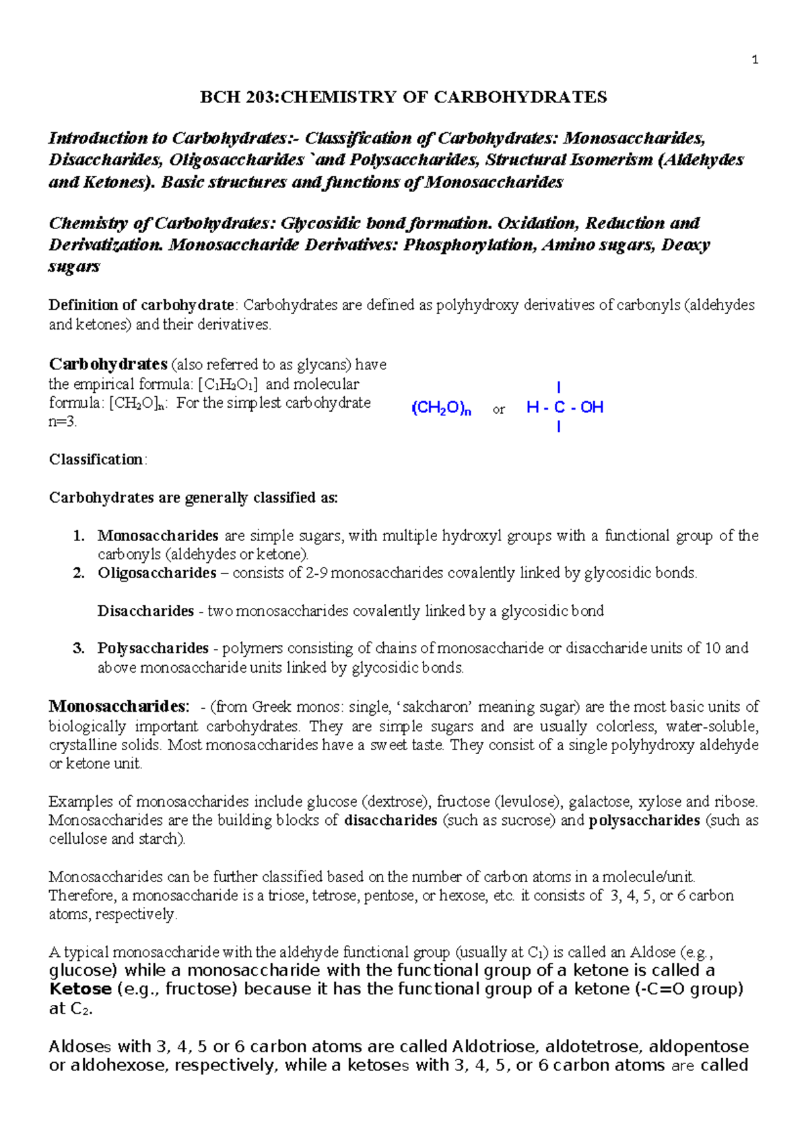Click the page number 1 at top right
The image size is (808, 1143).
pyautogui.click(x=755, y=60)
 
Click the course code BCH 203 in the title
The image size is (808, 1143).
pyautogui.click(x=238, y=97)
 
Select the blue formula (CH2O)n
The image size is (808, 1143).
pyautogui.click(x=441, y=408)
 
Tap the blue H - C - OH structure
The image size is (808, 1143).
pyautogui.click(x=564, y=407)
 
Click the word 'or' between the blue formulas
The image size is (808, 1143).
pyautogui.click(x=498, y=410)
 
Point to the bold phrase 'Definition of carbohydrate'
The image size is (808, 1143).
pyautogui.click(x=141, y=305)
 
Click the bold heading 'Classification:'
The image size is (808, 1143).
pyautogui.click(x=98, y=460)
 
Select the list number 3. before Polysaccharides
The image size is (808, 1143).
pyautogui.click(x=79, y=648)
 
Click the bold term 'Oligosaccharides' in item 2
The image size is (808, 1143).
pyautogui.click(x=157, y=574)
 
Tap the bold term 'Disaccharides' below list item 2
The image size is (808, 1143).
pyautogui.click(x=145, y=611)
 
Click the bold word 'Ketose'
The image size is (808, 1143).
pyautogui.click(x=80, y=989)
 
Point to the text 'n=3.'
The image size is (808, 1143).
pyautogui.click(x=63, y=423)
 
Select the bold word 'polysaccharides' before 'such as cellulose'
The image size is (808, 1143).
pyautogui.click(x=644, y=821)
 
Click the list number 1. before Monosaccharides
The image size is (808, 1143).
pyautogui.click(x=79, y=536)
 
